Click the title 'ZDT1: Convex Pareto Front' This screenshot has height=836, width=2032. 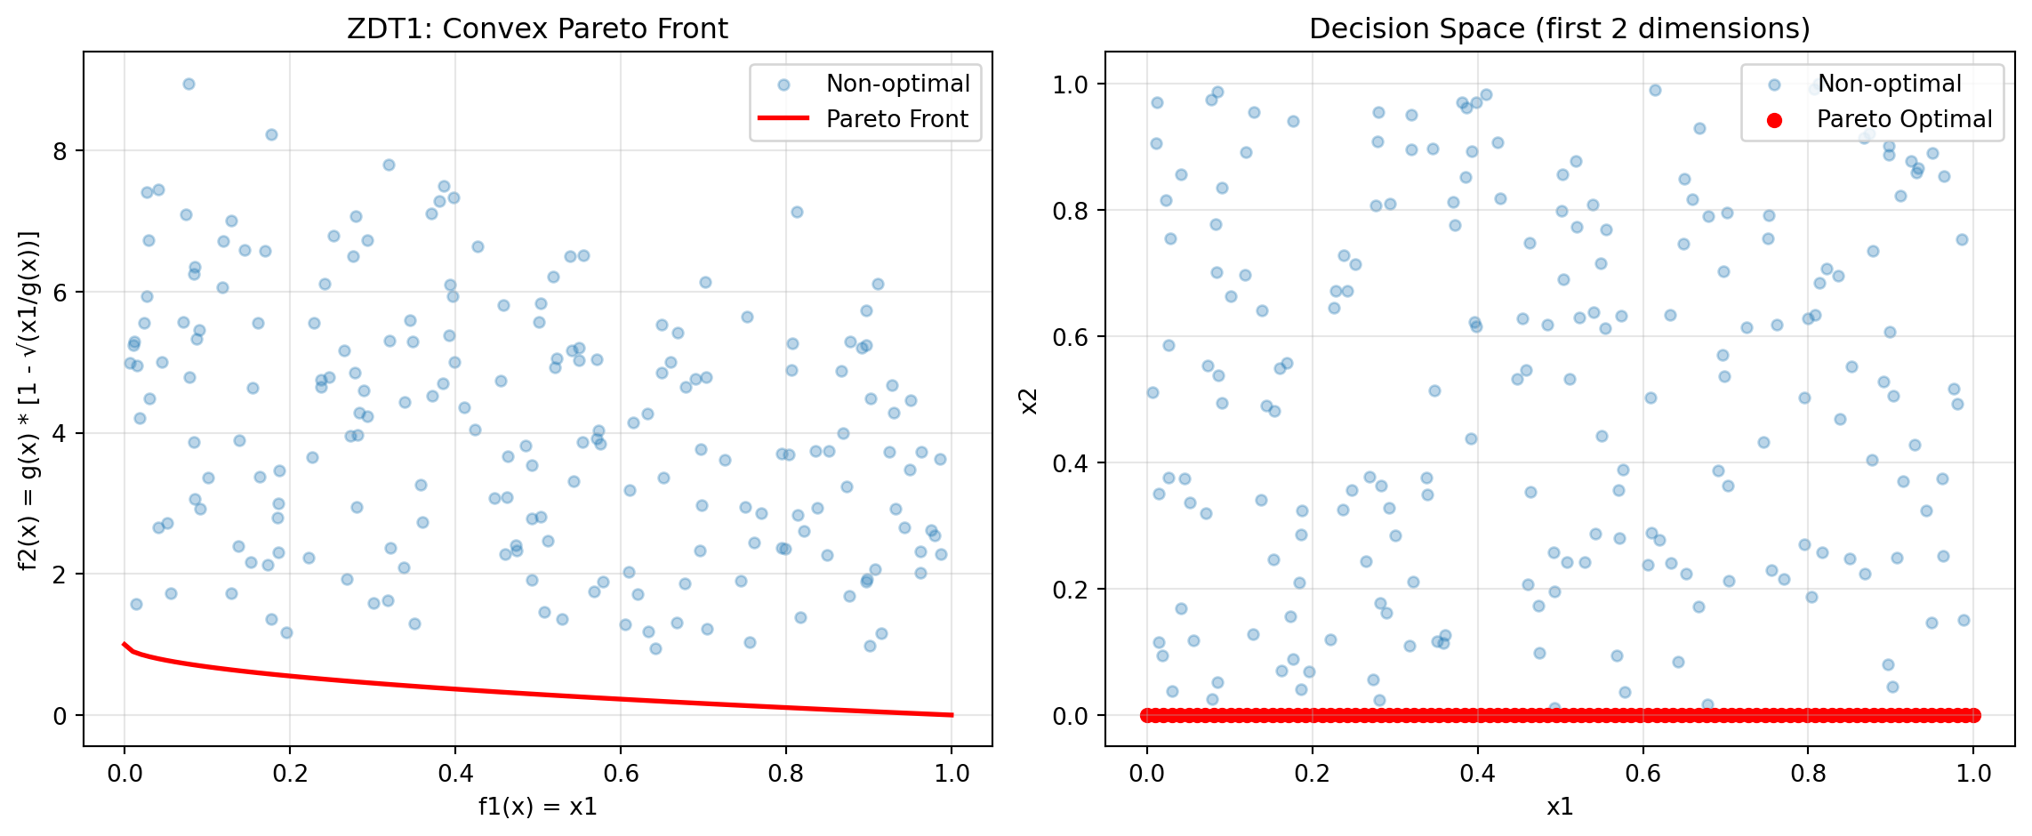(537, 29)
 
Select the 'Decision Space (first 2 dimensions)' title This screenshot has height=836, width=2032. (1559, 29)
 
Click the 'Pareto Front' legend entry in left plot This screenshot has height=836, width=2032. (896, 119)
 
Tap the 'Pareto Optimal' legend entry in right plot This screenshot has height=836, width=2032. (1904, 119)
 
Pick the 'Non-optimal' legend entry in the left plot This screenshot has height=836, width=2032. (897, 84)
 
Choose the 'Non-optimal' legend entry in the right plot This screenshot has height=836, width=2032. (1889, 84)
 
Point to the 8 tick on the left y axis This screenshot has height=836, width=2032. (60, 151)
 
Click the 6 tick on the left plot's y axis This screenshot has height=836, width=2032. (60, 293)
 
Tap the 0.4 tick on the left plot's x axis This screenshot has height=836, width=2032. (455, 774)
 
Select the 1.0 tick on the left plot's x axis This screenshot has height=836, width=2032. (952, 774)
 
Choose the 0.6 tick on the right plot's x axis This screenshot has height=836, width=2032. (1642, 774)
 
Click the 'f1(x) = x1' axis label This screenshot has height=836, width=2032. (537, 807)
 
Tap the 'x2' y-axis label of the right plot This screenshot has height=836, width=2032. (1029, 399)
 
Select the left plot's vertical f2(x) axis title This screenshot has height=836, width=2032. (28, 399)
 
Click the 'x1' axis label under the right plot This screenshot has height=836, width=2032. (1559, 807)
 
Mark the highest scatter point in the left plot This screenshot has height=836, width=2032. (189, 84)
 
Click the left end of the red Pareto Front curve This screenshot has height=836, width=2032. (124, 644)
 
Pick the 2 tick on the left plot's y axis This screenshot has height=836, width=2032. (60, 575)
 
